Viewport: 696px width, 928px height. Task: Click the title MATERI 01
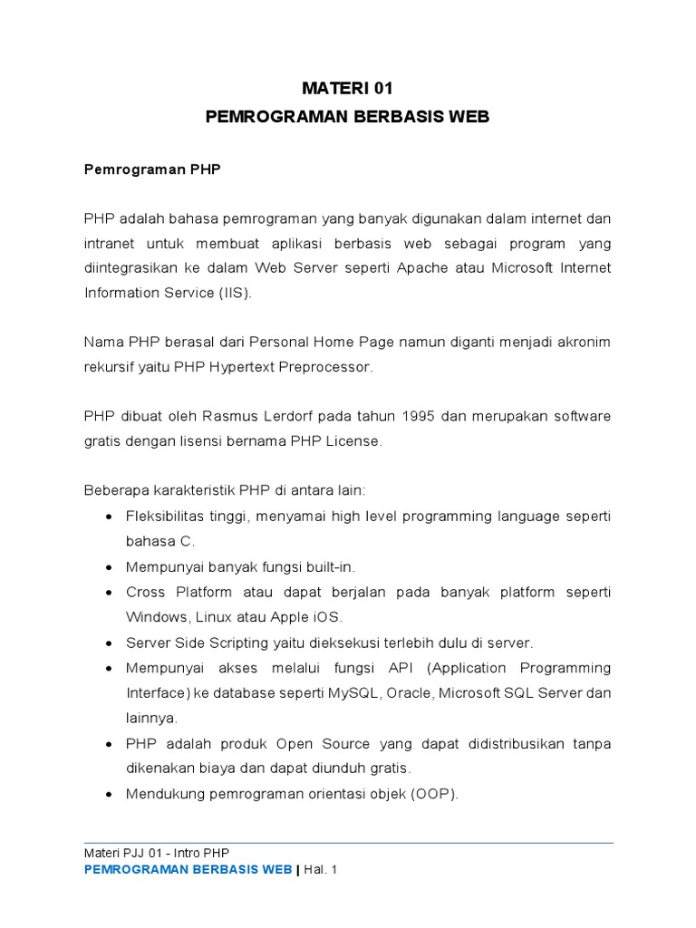click(x=348, y=88)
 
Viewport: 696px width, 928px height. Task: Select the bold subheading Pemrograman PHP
click(x=152, y=169)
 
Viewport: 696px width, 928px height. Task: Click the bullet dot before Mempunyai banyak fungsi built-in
click(x=110, y=567)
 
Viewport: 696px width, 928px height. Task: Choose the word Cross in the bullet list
click(x=146, y=592)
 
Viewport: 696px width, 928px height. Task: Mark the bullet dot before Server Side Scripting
click(x=110, y=643)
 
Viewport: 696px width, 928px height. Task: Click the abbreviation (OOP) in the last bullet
click(x=433, y=795)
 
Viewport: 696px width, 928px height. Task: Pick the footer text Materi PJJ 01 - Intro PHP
click(x=156, y=853)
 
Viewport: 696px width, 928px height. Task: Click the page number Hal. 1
click(x=320, y=870)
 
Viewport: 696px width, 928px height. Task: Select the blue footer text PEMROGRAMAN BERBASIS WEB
click(x=188, y=870)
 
